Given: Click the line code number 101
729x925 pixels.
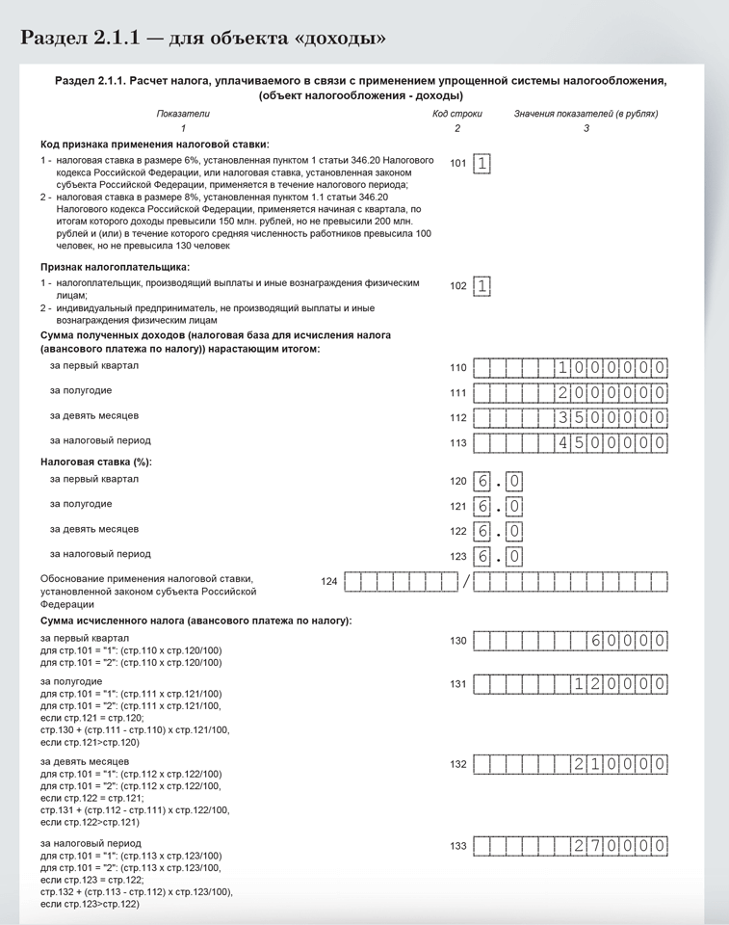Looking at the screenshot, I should [457, 163].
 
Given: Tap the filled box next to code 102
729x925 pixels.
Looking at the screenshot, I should [482, 285].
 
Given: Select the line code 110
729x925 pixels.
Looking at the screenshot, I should [457, 368].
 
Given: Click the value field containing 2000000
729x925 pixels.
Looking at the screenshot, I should [571, 393].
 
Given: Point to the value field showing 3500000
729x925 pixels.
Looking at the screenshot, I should [571, 417].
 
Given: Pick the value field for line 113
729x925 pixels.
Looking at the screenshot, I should [571, 442].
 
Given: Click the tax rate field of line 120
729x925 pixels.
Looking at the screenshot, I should [498, 480].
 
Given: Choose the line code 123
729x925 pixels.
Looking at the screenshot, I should [457, 556].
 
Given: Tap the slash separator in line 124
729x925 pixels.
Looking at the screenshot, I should [465, 582].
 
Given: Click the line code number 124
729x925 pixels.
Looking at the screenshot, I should [329, 582].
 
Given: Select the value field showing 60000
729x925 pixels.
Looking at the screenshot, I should [571, 641].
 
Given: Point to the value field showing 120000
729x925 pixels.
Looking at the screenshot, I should [571, 684].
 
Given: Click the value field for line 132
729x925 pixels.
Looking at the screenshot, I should [571, 764].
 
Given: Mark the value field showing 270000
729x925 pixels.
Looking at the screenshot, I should [571, 846].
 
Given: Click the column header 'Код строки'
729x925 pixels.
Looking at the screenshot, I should [457, 114].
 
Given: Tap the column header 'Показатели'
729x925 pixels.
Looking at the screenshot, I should [183, 114].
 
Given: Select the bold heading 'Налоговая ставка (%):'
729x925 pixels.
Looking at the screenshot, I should [95, 462].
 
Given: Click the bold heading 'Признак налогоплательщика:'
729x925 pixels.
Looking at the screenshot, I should [115, 267].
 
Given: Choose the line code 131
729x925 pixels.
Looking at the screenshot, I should [457, 684].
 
